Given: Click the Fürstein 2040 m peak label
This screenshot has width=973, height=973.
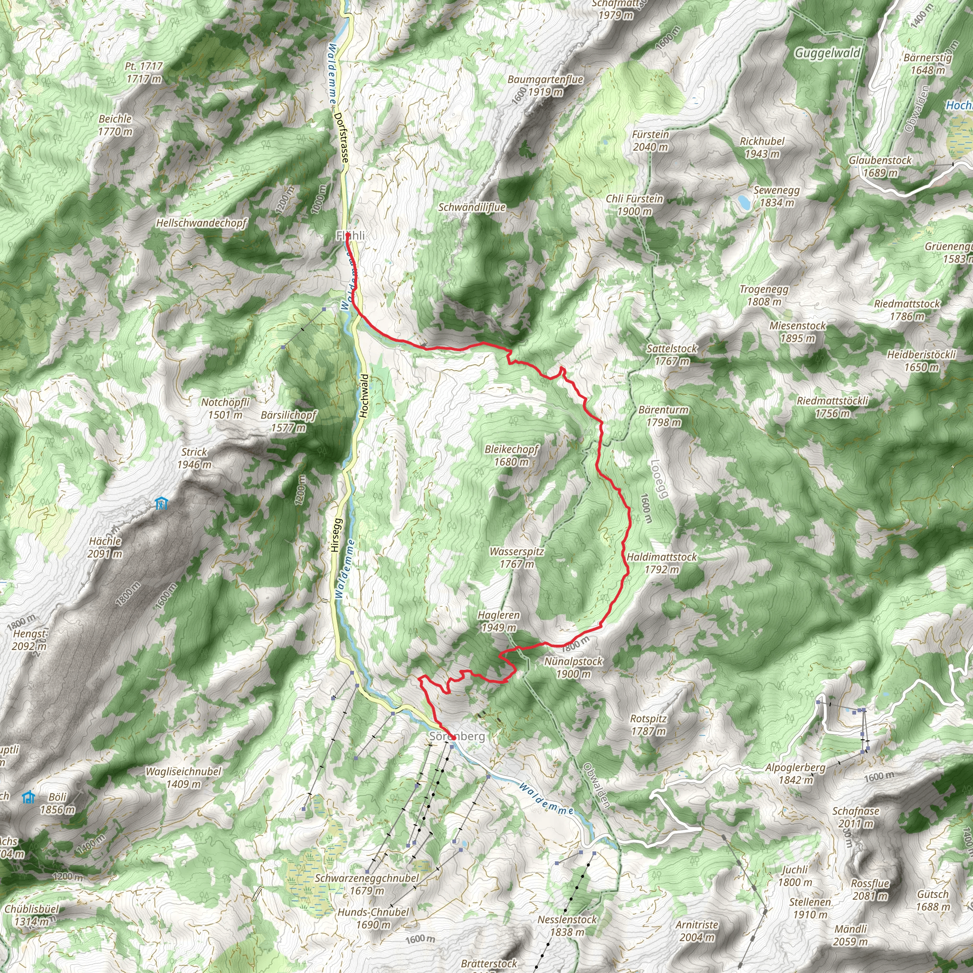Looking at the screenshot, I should tap(650, 141).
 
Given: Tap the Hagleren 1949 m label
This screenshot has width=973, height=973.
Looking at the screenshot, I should tap(498, 621).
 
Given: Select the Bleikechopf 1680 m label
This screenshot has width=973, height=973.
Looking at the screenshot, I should tap(511, 455).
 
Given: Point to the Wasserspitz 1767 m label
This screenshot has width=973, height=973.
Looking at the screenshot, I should tap(517, 557).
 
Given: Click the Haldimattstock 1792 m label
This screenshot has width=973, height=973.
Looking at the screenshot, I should tap(661, 563).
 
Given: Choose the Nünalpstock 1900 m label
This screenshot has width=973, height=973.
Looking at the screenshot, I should tap(573, 668).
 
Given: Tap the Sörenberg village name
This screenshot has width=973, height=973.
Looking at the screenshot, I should tap(457, 736).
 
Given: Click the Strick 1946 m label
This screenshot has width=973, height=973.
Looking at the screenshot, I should tap(194, 458).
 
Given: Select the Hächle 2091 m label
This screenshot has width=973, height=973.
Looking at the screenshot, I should tap(105, 547).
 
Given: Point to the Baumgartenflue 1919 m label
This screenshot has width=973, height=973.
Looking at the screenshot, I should tap(545, 86).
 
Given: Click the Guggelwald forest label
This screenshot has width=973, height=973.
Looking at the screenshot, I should tap(828, 53).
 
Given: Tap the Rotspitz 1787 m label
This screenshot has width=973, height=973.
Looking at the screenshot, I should tap(648, 725).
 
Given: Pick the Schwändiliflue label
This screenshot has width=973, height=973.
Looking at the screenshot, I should tap(471, 207).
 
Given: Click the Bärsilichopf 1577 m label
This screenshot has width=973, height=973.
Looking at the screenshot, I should tap(288, 421).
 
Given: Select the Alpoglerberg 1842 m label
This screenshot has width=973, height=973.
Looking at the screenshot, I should tap(795, 773).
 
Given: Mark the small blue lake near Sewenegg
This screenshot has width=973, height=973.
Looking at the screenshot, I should tap(744, 202).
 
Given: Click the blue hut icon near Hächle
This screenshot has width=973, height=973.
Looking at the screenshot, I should tap(161, 503).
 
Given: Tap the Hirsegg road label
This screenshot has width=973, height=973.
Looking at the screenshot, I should tap(336, 535).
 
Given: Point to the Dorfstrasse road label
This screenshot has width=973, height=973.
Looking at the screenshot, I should tap(341, 137).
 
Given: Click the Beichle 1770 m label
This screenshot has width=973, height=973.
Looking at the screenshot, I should tap(115, 125).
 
